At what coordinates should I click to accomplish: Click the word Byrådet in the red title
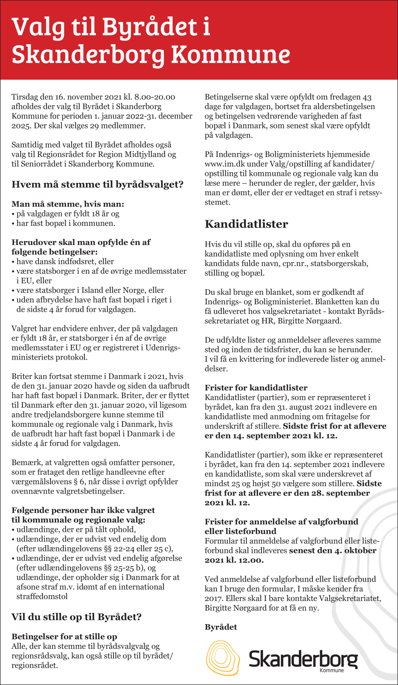[x=150, y=27]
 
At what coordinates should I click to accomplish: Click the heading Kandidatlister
[x=246, y=224]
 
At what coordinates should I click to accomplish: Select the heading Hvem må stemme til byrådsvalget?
[x=97, y=184]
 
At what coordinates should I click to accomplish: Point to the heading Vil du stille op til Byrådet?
[x=76, y=617]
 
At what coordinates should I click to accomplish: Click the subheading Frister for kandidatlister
[x=256, y=387]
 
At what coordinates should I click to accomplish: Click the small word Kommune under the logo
[x=332, y=670]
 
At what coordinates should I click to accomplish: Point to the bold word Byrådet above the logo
[x=220, y=627]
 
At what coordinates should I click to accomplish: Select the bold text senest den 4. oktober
[x=332, y=551]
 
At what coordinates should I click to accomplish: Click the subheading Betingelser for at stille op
[x=64, y=636]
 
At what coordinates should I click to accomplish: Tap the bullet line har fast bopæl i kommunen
[x=66, y=223]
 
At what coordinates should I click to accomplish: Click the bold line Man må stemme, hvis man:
[x=68, y=204]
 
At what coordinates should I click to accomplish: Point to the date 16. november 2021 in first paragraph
[x=88, y=97]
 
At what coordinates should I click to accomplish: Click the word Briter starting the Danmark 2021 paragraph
[x=21, y=376]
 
